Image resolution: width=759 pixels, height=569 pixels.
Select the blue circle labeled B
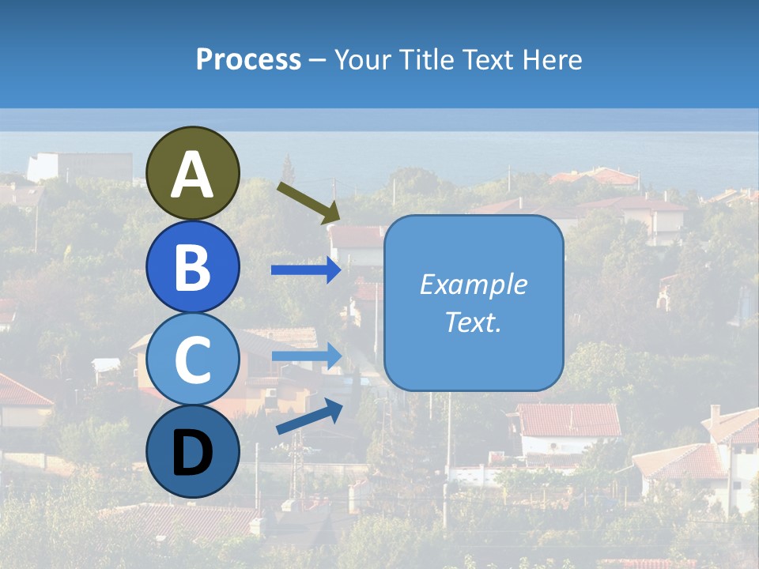(x=193, y=266)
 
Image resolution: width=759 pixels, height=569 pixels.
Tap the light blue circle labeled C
(x=193, y=359)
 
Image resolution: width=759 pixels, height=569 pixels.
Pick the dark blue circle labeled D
(x=193, y=451)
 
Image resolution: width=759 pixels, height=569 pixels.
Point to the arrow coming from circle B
(x=306, y=270)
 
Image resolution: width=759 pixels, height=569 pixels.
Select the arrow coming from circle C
(x=306, y=356)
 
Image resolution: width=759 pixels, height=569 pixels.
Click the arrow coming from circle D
(x=309, y=417)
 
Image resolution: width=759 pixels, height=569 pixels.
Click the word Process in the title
(x=248, y=59)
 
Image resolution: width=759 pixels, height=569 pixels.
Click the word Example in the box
(x=473, y=284)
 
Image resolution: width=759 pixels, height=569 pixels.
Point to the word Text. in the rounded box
(x=473, y=322)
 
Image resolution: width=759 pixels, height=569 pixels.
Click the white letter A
(x=193, y=174)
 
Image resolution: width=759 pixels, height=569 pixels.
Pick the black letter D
(x=193, y=453)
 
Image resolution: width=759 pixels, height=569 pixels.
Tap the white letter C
(x=193, y=360)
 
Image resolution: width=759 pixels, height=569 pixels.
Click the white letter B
(x=193, y=267)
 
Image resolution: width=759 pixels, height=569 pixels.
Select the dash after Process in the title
(x=318, y=61)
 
